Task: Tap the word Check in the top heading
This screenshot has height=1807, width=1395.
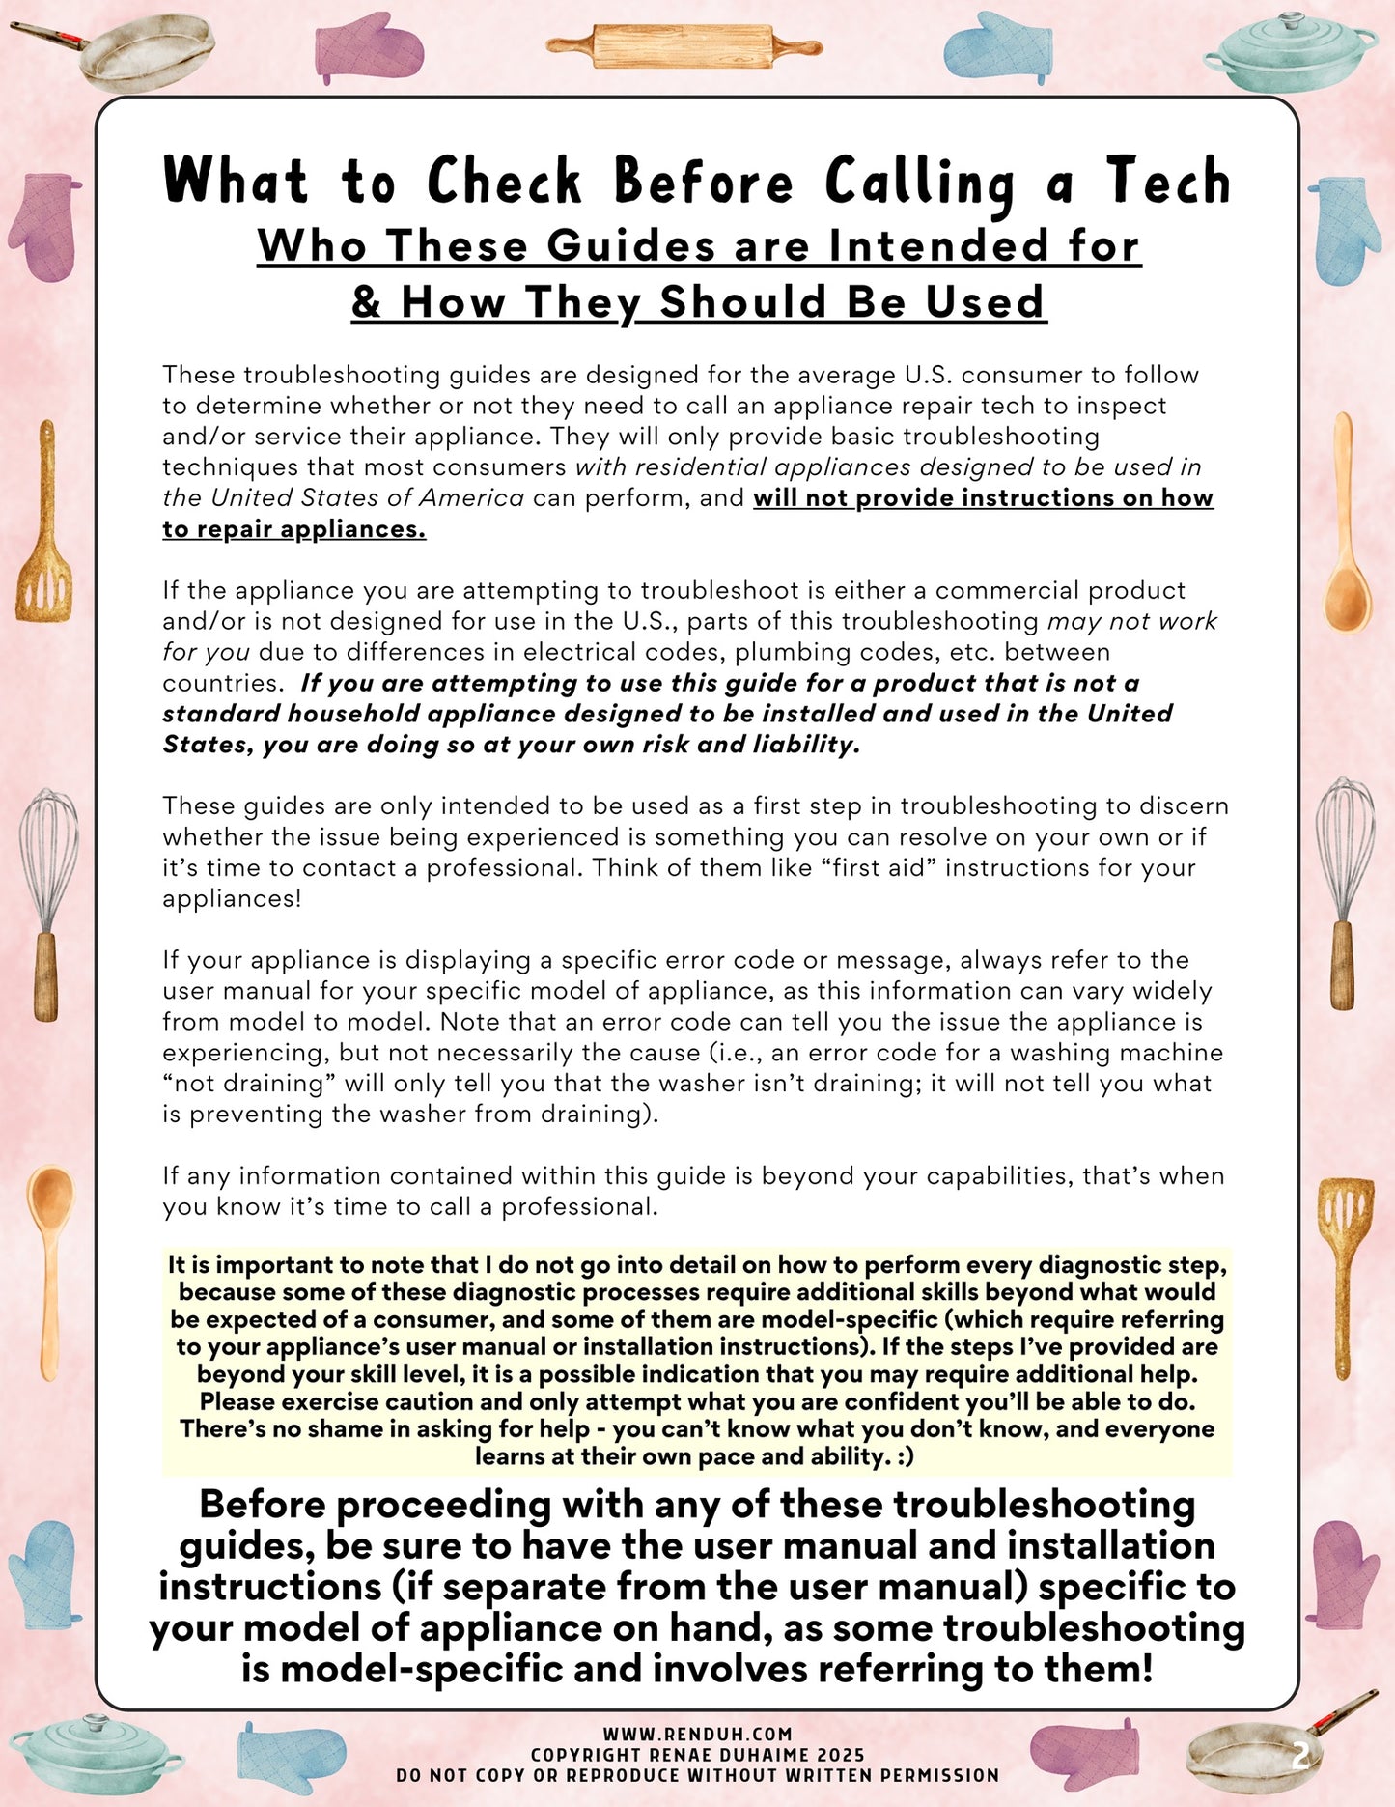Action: (x=504, y=182)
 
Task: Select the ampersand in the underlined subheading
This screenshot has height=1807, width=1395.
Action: (x=366, y=302)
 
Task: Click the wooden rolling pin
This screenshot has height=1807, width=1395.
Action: (x=684, y=45)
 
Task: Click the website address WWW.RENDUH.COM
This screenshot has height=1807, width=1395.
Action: (x=697, y=1735)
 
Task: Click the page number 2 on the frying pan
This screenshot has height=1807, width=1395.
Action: (x=1299, y=1755)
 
